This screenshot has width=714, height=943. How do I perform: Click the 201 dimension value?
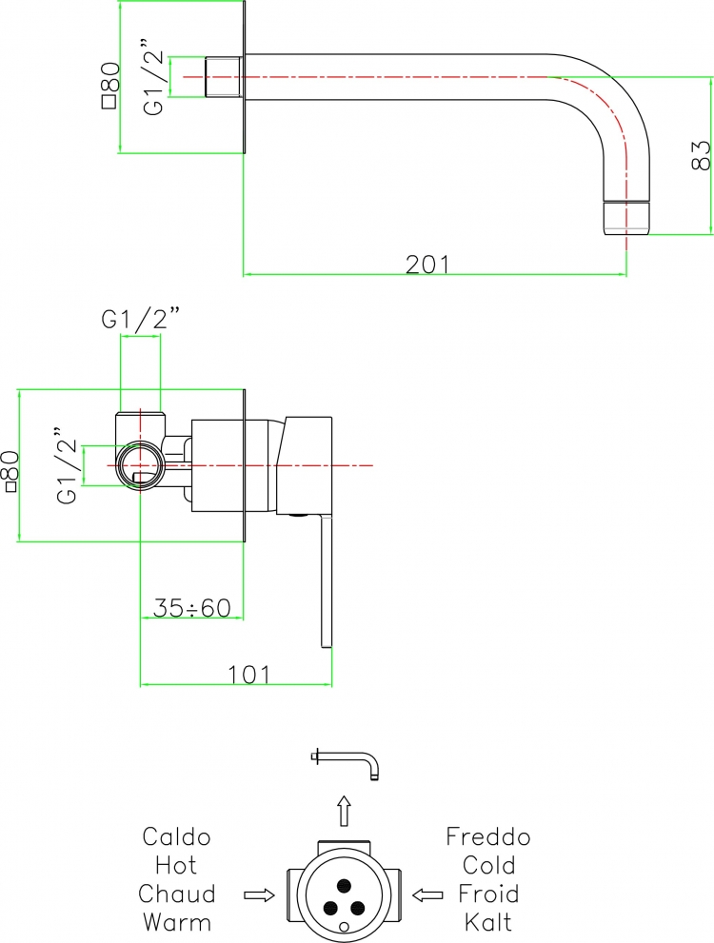[x=427, y=265]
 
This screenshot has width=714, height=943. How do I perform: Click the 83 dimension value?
[x=702, y=156]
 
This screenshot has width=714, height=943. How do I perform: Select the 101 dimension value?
[x=249, y=675]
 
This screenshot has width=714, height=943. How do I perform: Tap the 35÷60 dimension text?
[x=192, y=608]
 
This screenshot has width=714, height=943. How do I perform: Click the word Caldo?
[x=176, y=836]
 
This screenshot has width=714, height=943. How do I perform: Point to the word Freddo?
[x=487, y=836]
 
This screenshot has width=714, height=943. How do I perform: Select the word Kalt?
[x=487, y=922]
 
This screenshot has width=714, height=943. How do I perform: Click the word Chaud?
[x=176, y=894]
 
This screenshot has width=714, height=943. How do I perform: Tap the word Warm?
[x=176, y=922]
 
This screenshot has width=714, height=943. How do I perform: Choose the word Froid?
[x=487, y=894]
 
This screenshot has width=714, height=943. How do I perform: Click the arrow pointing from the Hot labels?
[x=259, y=895]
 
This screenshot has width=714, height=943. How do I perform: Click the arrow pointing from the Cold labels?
[x=427, y=895]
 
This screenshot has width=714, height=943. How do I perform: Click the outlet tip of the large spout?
[x=626, y=218]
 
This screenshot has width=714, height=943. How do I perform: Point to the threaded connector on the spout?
[x=223, y=77]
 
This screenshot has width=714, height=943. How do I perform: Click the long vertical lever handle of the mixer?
[x=326, y=581]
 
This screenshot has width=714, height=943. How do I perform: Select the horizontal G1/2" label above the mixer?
[x=141, y=319]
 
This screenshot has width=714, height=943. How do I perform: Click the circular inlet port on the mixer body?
[x=140, y=465]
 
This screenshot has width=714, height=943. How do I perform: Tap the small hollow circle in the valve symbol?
[x=345, y=926]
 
